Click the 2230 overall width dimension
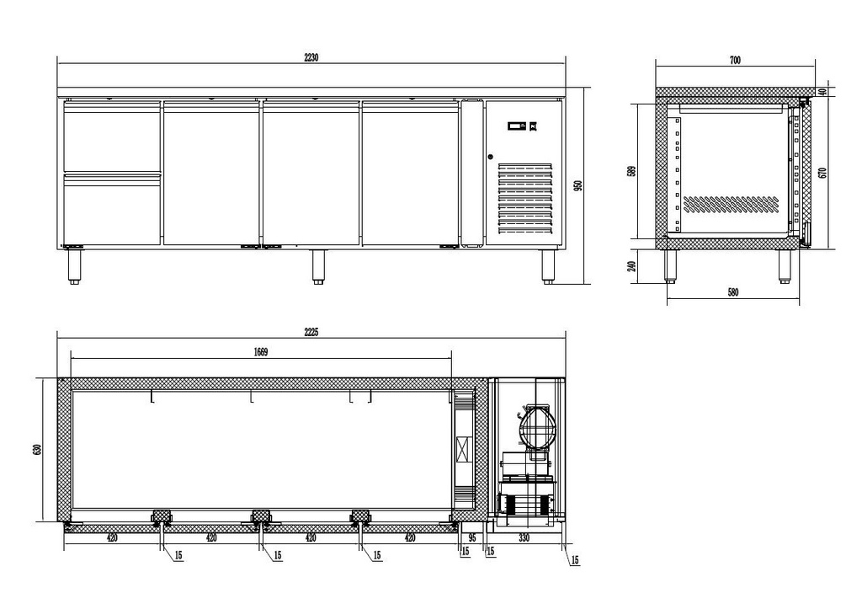point(311,57)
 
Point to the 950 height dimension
point(577,186)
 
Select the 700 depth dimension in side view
point(735,61)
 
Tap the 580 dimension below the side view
point(733,292)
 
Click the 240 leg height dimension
point(631,266)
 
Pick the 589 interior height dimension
point(631,171)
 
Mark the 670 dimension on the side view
point(822,172)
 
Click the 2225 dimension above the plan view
point(311,332)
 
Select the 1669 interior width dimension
point(261,352)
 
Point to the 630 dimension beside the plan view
point(37,450)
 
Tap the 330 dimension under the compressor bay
point(524,538)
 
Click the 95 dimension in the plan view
point(471,538)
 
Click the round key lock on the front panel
point(491,157)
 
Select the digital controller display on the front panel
point(518,126)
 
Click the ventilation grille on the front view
point(525,198)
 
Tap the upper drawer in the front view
point(112,137)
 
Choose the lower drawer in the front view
point(112,209)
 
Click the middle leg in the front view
point(317,267)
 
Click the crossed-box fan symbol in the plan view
point(465,450)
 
